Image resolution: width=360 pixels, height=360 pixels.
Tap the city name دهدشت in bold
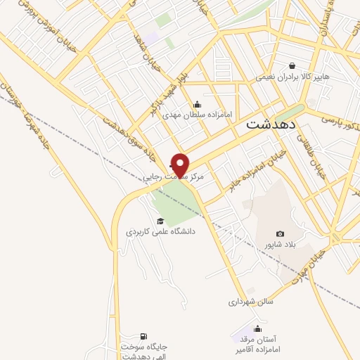click(x=272, y=124)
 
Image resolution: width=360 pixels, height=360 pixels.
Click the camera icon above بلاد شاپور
click(x=281, y=233)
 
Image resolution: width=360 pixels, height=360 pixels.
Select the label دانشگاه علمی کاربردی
click(x=160, y=231)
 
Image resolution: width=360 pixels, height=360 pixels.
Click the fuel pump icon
click(x=144, y=336)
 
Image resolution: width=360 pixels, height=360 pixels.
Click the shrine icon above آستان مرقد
click(x=258, y=328)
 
